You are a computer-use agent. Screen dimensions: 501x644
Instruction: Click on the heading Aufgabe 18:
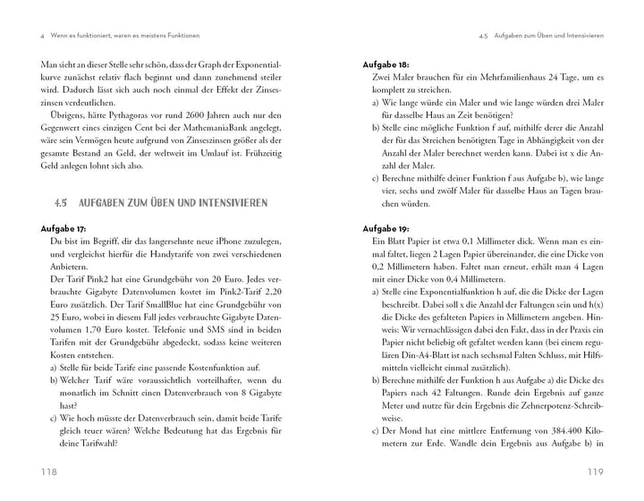(386, 66)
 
